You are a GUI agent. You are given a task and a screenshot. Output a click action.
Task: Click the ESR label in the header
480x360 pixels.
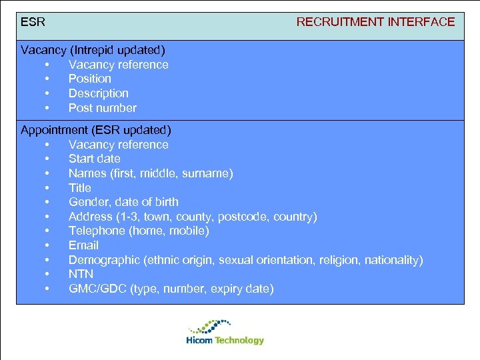click(33, 22)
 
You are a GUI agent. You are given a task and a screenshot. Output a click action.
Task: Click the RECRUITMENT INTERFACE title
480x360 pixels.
click(375, 22)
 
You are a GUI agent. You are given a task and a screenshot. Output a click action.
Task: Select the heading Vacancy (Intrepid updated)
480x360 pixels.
click(93, 50)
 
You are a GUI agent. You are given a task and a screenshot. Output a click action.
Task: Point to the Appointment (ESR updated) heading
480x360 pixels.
click(95, 130)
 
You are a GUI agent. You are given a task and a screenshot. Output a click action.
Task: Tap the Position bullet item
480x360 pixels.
click(89, 79)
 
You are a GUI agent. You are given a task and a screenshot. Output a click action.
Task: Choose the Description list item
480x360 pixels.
click(98, 93)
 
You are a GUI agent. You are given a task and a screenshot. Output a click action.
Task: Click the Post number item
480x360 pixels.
click(102, 108)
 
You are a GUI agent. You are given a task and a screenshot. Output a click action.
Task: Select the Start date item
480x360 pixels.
click(94, 159)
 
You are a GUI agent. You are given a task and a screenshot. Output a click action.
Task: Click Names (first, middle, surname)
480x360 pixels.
click(151, 173)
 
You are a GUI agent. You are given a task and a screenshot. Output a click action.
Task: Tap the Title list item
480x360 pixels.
click(81, 188)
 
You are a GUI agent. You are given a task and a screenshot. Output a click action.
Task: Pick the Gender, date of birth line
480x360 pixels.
click(123, 202)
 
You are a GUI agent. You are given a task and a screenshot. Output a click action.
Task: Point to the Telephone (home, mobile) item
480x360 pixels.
click(139, 231)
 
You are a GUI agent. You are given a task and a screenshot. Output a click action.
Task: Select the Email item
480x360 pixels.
click(83, 245)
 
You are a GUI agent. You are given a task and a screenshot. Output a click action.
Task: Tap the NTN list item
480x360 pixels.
click(81, 274)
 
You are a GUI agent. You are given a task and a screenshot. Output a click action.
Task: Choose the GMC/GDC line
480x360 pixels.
click(171, 289)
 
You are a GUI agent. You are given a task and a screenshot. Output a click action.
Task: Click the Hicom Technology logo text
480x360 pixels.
click(225, 341)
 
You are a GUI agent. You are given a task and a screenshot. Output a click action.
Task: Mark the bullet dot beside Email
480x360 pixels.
click(47, 245)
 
